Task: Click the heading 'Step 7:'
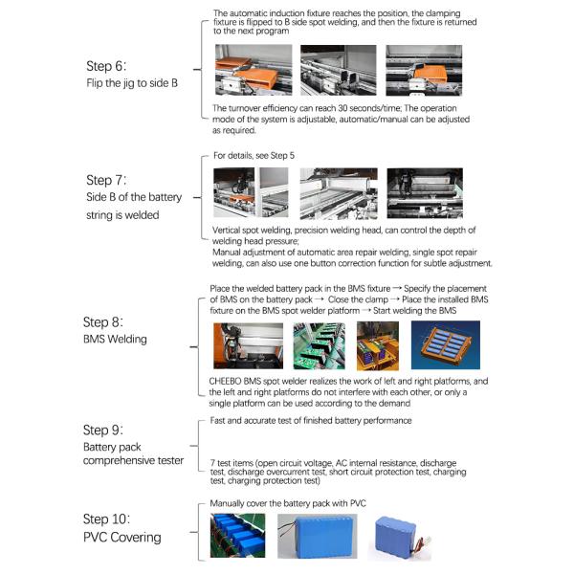[112, 180]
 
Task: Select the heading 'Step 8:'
[110, 322]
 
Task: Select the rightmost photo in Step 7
[424, 193]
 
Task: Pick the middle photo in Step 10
[317, 536]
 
